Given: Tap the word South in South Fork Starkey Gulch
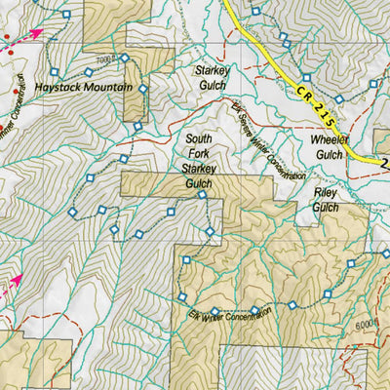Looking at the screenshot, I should (x=198, y=139).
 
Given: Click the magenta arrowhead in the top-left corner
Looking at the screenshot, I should (x=36, y=33).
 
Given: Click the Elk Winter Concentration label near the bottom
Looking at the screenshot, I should (x=226, y=317).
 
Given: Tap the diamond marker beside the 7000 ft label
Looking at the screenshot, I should (x=124, y=58).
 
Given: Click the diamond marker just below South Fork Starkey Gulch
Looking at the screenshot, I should (x=202, y=196).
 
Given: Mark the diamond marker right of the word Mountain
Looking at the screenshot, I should (x=142, y=89).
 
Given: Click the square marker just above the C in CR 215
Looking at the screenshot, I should (x=305, y=77).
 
